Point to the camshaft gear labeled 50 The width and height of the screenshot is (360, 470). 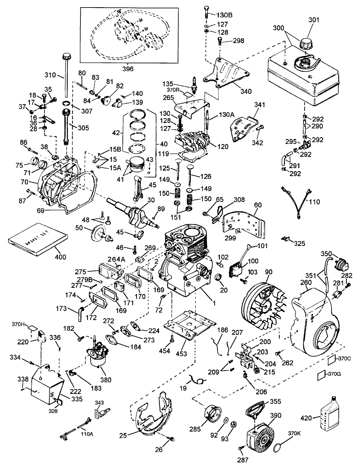coord(98,234)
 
